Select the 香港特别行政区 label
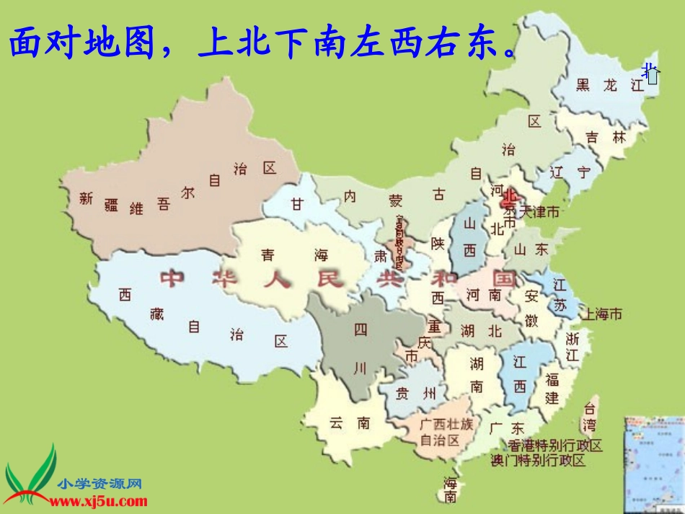coord(555,446)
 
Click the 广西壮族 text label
coord(447,425)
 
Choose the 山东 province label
coord(531,249)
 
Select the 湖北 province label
coord(480,331)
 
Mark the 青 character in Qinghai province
coord(268,254)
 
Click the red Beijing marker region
coord(511,198)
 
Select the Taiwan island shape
coord(590,417)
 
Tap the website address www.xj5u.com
coord(99,501)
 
